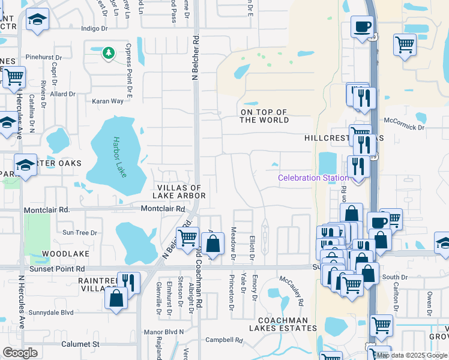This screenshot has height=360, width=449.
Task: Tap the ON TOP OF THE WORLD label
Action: coord(264,116)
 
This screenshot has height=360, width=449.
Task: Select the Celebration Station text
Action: coord(313,178)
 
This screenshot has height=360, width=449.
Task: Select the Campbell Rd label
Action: coord(224,340)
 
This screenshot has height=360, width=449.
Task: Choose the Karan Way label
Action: coord(108,101)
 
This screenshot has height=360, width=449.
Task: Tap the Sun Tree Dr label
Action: coord(79,233)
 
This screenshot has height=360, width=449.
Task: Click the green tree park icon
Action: coord(108,53)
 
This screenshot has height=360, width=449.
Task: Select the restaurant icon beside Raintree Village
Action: coord(128,281)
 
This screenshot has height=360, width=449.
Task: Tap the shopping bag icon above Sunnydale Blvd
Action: coord(115,298)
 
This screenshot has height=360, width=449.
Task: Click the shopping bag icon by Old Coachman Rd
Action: coord(212,244)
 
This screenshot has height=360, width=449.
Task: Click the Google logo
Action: coord(20,353)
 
